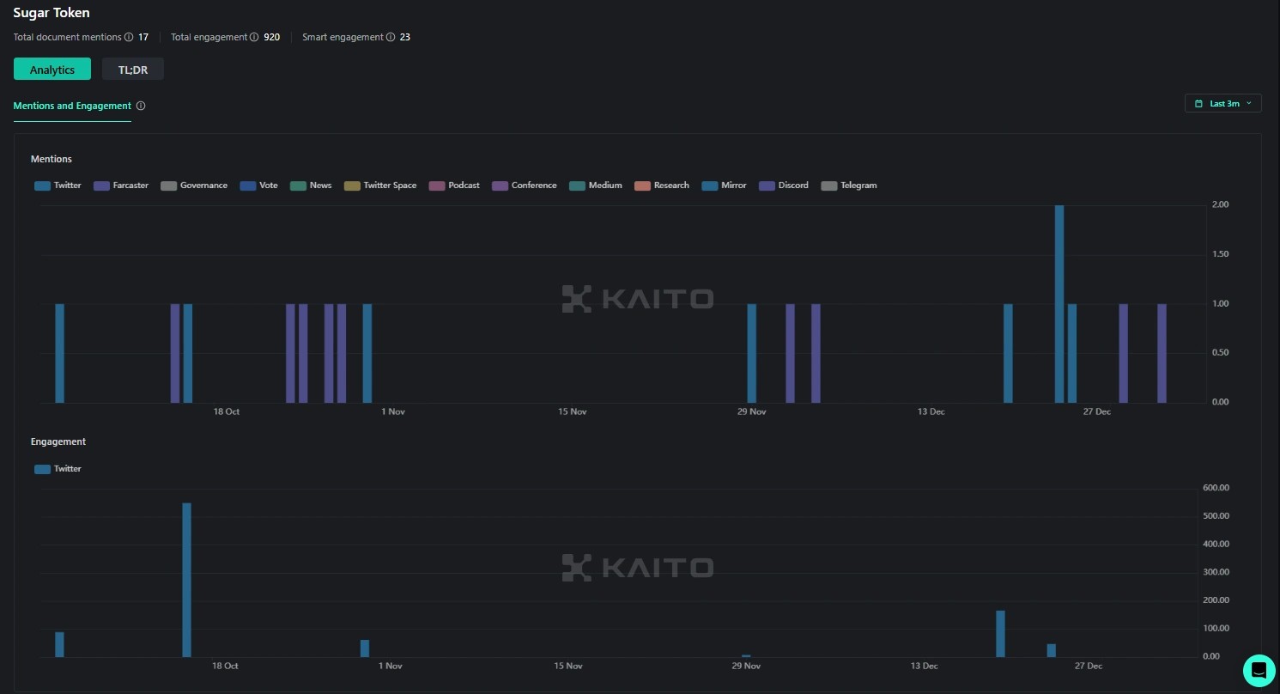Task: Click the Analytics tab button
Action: (52, 70)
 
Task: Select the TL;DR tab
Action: (133, 70)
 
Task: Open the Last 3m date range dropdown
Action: (1223, 103)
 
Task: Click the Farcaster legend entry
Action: (121, 186)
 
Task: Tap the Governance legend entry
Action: (194, 186)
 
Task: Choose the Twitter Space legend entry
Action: (380, 186)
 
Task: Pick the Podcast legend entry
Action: (455, 186)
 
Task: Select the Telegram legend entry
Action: (849, 186)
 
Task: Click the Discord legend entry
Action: (784, 186)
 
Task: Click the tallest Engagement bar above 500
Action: (186, 580)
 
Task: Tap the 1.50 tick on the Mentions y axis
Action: (1220, 254)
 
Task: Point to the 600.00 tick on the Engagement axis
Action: (1216, 488)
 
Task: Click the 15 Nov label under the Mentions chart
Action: (573, 412)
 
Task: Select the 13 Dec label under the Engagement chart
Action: (925, 667)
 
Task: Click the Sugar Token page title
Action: (52, 13)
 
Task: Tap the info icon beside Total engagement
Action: (254, 37)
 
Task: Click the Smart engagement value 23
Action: (404, 37)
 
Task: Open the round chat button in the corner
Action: (1259, 670)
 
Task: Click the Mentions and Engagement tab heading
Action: (72, 106)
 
